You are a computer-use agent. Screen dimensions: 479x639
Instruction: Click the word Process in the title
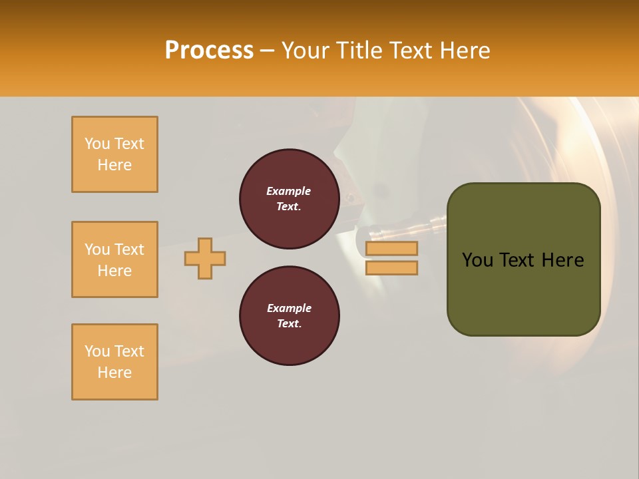click(x=209, y=51)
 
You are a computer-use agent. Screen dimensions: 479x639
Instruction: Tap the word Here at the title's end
click(x=465, y=51)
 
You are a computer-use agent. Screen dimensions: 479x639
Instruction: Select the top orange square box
click(x=114, y=154)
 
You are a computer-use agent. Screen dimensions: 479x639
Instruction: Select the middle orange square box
click(x=114, y=259)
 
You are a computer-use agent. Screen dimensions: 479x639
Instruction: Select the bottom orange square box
click(x=114, y=362)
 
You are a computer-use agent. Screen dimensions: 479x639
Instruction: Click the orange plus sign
click(x=205, y=258)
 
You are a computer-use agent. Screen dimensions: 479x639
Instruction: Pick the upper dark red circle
click(x=290, y=199)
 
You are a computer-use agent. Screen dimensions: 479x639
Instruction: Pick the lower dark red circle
click(x=290, y=316)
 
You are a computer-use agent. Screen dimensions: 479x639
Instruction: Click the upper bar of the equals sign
click(x=391, y=248)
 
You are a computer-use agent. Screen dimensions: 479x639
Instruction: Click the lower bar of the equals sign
click(x=391, y=267)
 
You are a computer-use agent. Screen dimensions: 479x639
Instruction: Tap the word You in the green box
click(x=478, y=260)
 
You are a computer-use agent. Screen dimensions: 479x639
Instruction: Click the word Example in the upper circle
click(x=289, y=191)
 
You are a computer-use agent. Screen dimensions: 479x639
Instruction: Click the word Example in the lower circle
click(x=289, y=308)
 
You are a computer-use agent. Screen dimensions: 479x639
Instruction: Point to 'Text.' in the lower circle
click(x=289, y=324)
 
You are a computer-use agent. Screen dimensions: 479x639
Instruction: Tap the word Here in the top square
click(x=114, y=165)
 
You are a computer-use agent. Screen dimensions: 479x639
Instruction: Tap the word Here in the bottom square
click(x=114, y=373)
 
